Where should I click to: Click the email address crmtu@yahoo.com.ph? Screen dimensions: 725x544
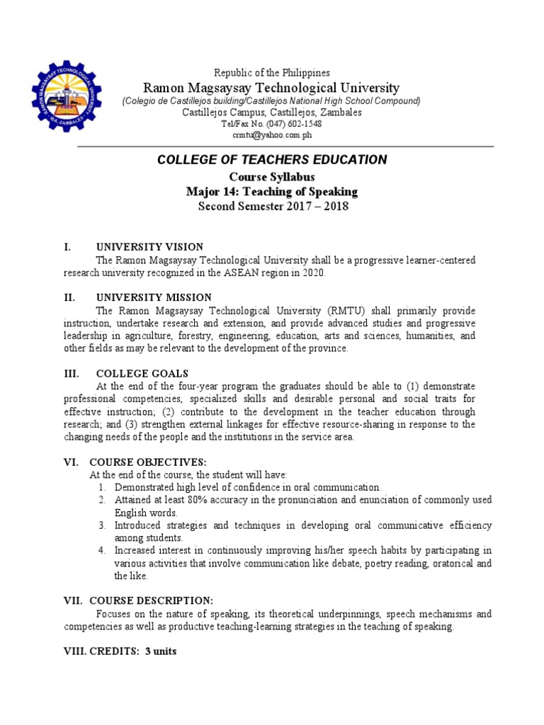pos(271,135)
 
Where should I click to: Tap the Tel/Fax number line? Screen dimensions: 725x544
pos(271,123)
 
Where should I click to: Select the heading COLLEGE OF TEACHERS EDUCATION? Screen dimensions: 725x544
pos(271,160)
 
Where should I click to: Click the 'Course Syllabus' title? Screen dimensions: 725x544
pos(271,177)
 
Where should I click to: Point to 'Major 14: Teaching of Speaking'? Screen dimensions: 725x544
pos(271,192)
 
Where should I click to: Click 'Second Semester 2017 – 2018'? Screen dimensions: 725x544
pos(271,207)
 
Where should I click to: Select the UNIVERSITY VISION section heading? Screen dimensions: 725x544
pos(149,247)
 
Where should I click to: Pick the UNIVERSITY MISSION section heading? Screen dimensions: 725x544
pos(153,298)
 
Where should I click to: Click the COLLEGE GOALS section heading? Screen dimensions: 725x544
pos(142,373)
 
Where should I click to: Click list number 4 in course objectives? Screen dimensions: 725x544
pos(102,550)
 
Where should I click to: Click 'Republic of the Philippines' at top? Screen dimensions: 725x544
pos(271,73)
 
